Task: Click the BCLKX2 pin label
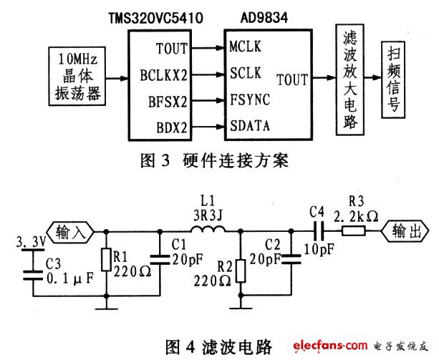(x=163, y=74)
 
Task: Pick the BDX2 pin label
(x=172, y=127)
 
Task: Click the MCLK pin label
(x=245, y=48)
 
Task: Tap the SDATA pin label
(x=249, y=127)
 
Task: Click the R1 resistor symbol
(x=106, y=259)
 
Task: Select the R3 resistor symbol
(x=354, y=230)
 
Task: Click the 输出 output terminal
(x=404, y=230)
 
